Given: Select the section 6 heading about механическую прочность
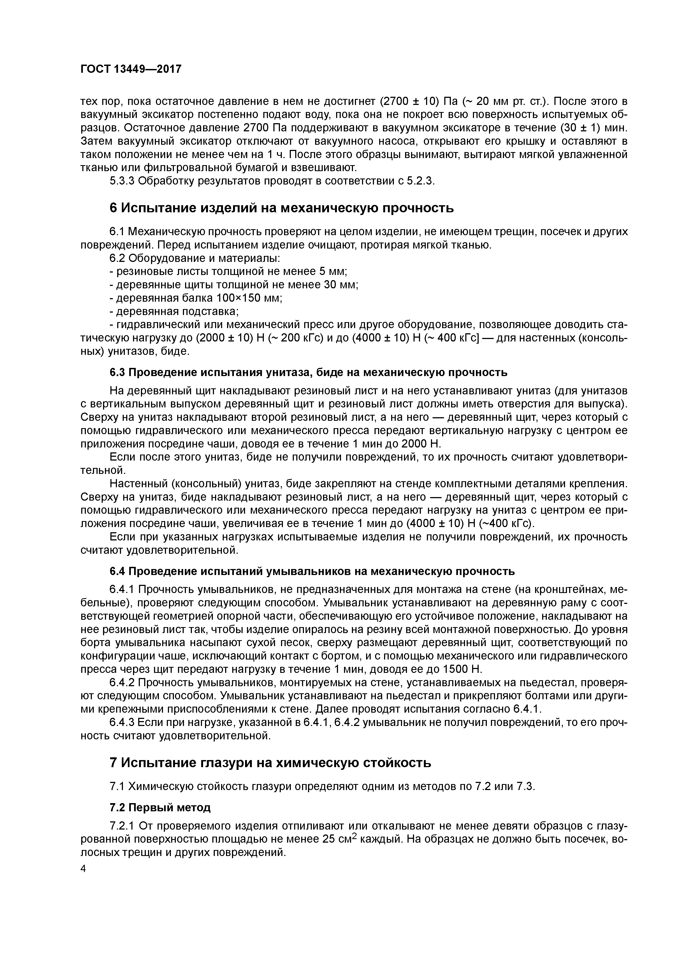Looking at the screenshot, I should (x=282, y=208).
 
